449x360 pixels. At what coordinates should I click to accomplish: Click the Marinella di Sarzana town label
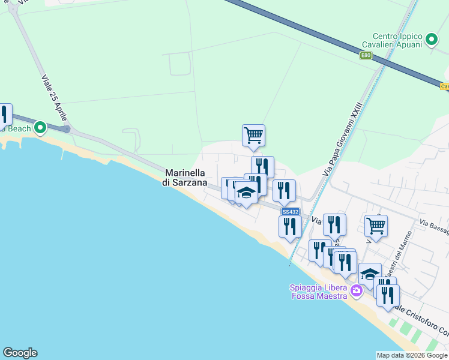coord(185,178)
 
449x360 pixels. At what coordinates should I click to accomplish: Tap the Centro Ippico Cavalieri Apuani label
coord(393,40)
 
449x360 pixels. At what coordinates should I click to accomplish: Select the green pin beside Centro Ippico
coord(431,40)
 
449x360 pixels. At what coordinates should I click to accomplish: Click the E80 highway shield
coord(366,56)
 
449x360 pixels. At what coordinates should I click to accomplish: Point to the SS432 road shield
coord(290,211)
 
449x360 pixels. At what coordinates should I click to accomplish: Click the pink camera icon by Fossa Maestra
coord(357,291)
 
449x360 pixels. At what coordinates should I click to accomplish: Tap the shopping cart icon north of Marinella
coord(253,136)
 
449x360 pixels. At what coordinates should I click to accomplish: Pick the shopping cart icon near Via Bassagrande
coord(376,226)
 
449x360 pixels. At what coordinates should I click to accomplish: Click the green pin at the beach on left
coord(40,127)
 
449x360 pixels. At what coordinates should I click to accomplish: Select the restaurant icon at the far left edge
coord(4,114)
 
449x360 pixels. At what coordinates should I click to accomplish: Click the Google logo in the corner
coord(20,353)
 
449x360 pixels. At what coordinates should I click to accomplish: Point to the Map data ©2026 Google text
coord(412,355)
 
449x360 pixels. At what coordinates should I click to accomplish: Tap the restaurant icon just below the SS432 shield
coord(290,227)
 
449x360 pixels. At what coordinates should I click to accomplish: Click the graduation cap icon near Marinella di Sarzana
coord(246,192)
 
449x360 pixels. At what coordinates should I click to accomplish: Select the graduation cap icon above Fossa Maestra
coord(370,274)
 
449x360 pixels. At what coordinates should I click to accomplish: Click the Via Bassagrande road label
coord(433,226)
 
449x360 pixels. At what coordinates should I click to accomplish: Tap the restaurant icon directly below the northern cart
coord(262,167)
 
